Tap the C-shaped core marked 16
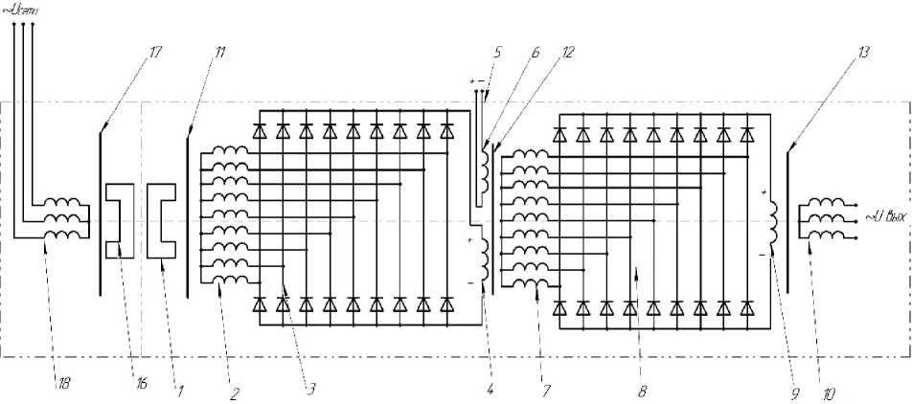click(120, 220)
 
